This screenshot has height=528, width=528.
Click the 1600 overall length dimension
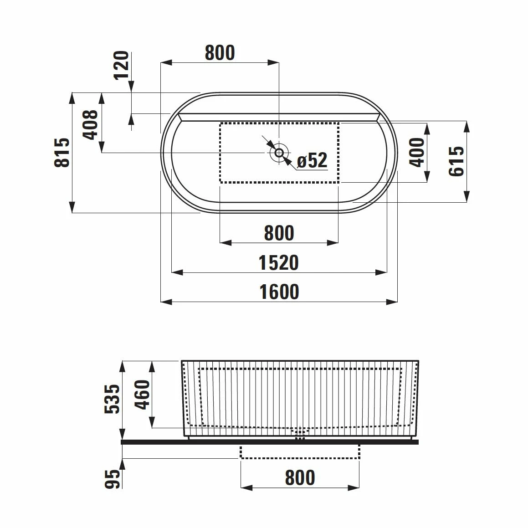pos(279,292)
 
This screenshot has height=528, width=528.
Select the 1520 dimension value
pos(279,263)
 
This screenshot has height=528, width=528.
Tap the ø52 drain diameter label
pos(312,160)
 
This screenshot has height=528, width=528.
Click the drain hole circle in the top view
pos(279,153)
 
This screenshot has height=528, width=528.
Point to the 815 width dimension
pos(62,153)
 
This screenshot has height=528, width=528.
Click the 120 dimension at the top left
pos(121,65)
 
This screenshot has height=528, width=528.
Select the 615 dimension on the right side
pos(456,161)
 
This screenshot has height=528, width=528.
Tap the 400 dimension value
pos(417,153)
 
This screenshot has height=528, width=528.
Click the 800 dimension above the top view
pos(220,53)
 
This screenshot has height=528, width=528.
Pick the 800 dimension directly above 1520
pos(279,233)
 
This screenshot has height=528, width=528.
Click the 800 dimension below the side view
pos(300,478)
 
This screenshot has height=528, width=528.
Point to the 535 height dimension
pos(112,399)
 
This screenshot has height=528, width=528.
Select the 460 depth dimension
pos(142,394)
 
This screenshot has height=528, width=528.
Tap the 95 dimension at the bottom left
pos(112,479)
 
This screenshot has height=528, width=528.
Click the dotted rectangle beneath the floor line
pos(300,452)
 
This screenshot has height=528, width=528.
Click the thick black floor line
pos(269,441)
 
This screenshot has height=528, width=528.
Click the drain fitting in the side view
pos(299,434)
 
